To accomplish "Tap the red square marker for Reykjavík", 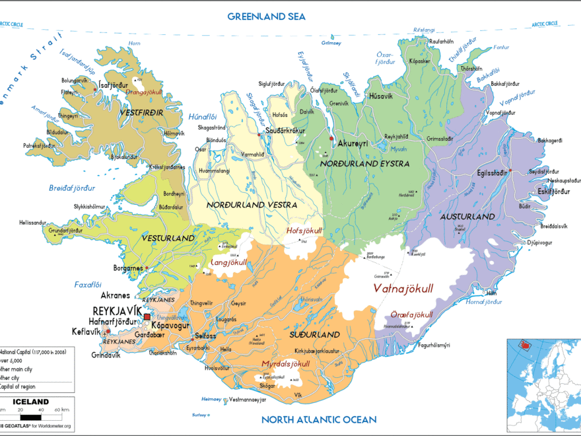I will (147, 318).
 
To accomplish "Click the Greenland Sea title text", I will (266, 16).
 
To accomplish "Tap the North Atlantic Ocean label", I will (318, 419).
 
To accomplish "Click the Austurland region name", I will (467, 217).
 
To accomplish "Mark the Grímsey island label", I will (329, 44).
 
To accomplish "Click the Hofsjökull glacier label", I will (304, 231).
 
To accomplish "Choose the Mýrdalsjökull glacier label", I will (286, 364).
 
